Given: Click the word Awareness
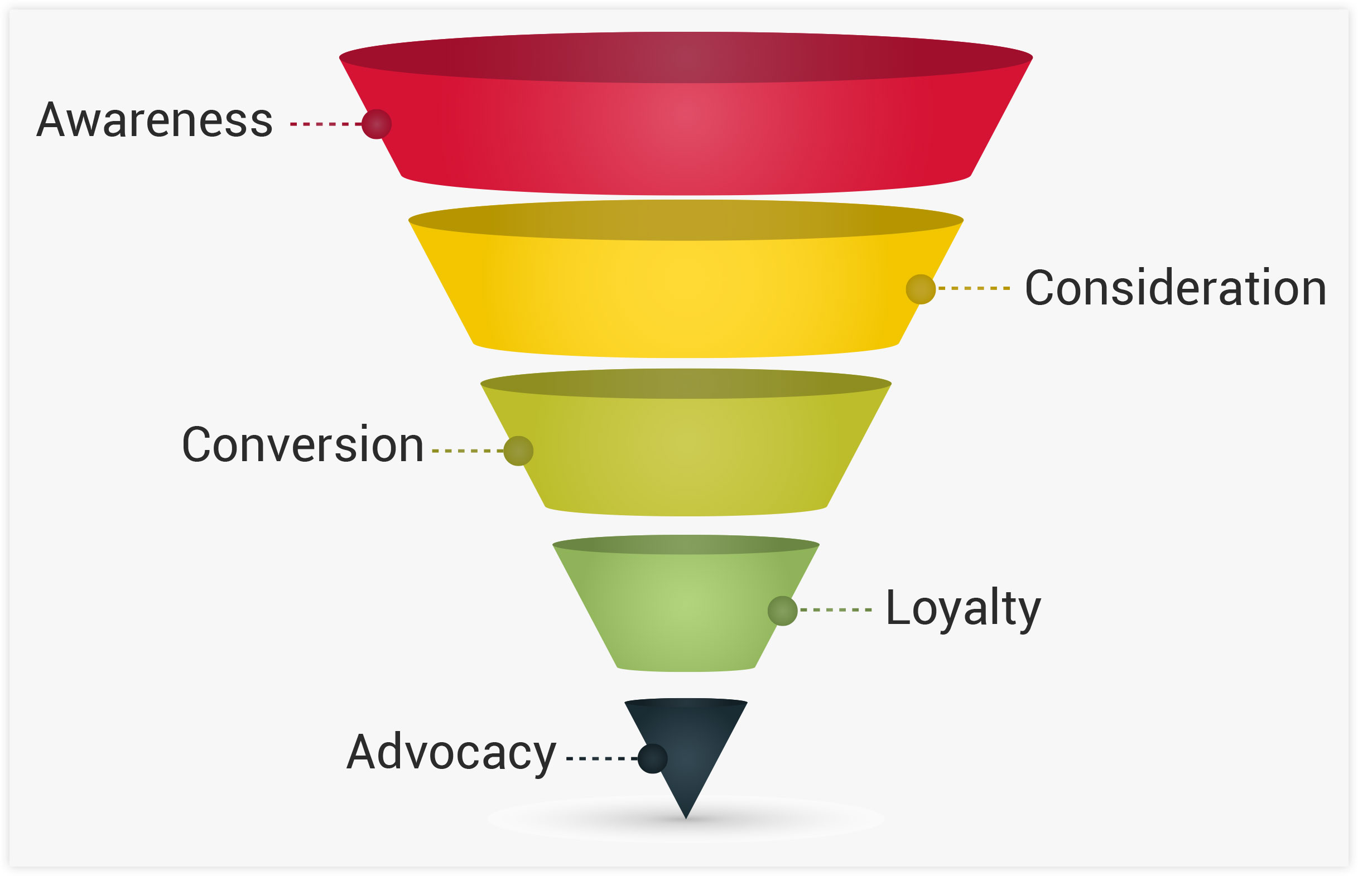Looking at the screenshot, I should [155, 120].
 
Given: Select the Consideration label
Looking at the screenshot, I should [1176, 288].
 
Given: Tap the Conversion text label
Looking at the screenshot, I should [303, 445].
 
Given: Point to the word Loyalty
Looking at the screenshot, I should [963, 609].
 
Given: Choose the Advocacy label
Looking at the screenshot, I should [451, 753].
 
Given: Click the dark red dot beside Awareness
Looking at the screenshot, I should [377, 124].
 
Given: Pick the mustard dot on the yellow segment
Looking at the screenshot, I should [921, 289].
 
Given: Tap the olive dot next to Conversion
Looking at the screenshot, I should [518, 451].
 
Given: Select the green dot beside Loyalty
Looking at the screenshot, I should [782, 611].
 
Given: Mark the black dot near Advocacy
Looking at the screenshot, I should [652, 758].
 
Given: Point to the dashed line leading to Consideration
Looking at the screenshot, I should [974, 288].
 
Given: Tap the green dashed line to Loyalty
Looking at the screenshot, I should [836, 610].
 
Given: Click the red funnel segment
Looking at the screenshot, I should [686, 137].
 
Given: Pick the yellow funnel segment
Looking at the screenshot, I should [686, 296].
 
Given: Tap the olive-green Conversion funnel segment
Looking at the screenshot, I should [686, 455].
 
